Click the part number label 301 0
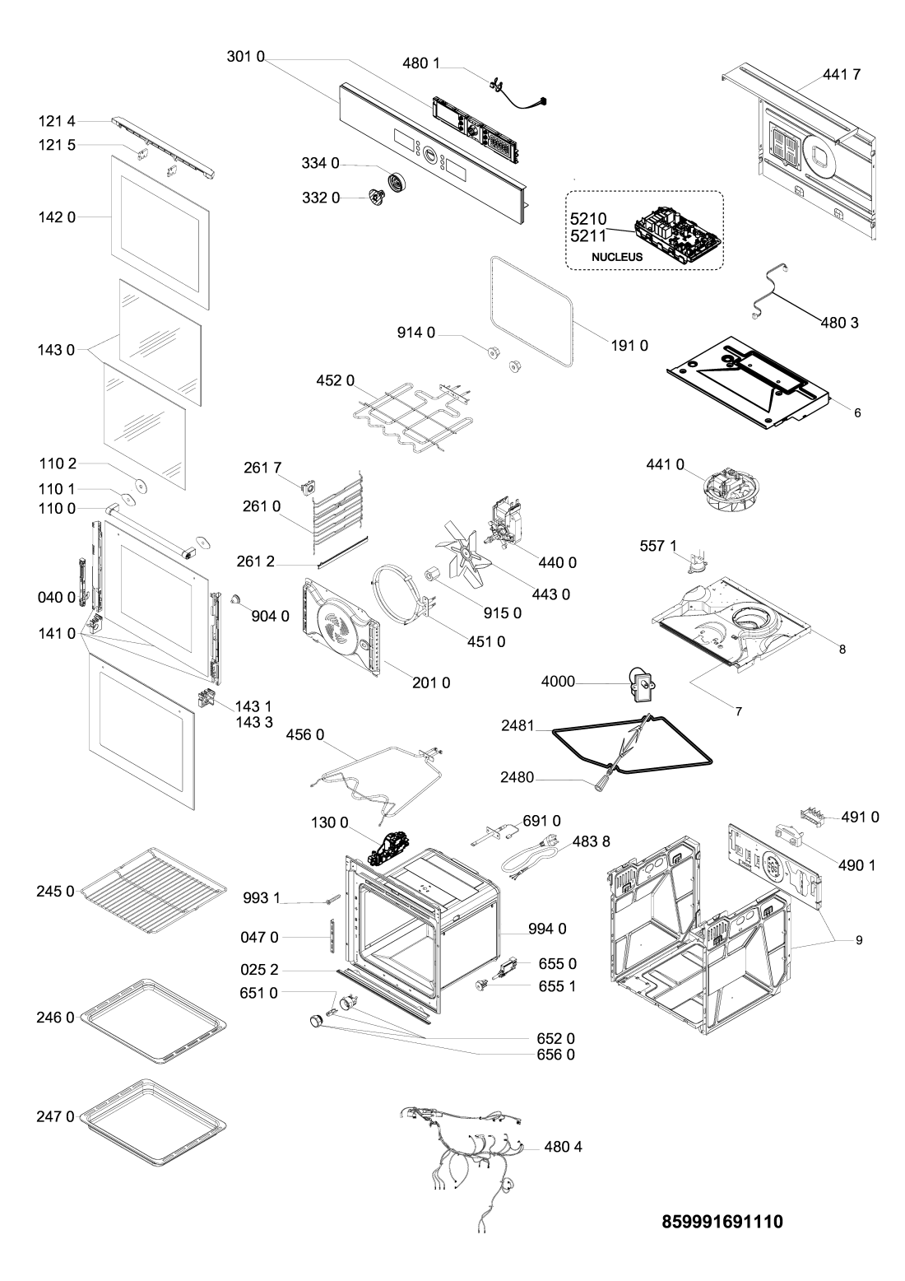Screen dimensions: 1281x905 click(x=244, y=59)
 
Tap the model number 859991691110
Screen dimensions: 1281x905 click(x=722, y=1223)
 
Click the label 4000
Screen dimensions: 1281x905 click(x=558, y=682)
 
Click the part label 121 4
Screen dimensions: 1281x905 click(x=56, y=121)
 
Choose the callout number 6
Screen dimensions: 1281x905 click(x=857, y=412)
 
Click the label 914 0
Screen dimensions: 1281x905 click(x=416, y=333)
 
